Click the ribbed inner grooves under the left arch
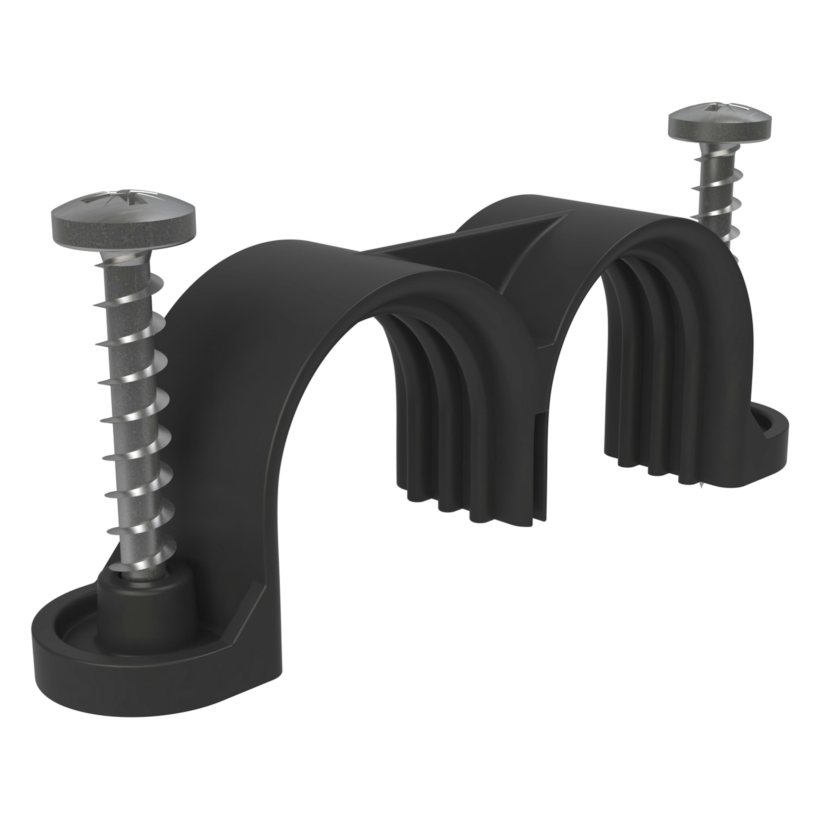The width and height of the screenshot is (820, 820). click(446, 403)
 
